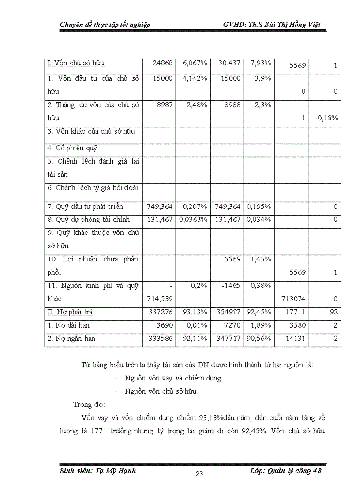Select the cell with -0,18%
(x=327, y=118)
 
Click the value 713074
(x=293, y=299)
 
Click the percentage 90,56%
(x=259, y=339)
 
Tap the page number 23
(x=199, y=474)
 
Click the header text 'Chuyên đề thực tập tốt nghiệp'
(x=105, y=25)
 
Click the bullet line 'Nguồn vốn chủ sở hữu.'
(x=161, y=391)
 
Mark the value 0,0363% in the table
(x=193, y=220)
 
